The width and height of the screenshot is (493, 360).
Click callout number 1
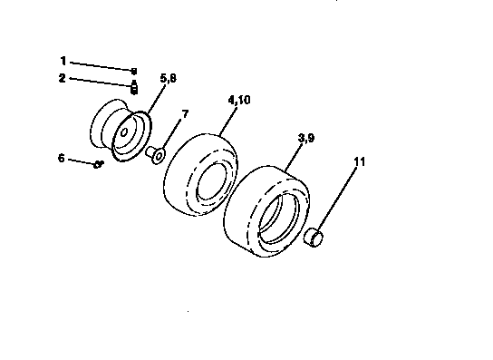click(63, 61)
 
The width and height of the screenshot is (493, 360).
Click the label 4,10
click(239, 102)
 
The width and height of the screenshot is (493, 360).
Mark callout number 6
click(62, 158)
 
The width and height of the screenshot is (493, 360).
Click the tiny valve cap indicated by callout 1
click(133, 70)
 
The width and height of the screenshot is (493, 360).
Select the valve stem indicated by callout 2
click(133, 87)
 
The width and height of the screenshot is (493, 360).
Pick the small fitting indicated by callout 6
click(97, 163)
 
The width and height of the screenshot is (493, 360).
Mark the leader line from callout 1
click(100, 65)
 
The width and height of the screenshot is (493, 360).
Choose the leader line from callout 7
click(173, 132)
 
